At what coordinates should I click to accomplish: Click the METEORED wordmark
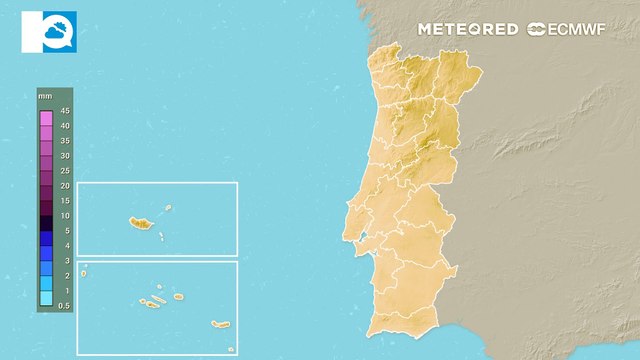click(x=468, y=29)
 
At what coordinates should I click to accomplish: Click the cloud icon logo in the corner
click(x=48, y=31)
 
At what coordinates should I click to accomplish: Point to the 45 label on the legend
click(x=64, y=110)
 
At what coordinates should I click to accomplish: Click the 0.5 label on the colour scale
click(x=64, y=305)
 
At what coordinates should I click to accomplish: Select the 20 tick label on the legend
click(x=64, y=186)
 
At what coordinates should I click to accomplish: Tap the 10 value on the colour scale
click(x=64, y=215)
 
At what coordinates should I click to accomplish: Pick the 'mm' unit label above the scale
click(x=45, y=95)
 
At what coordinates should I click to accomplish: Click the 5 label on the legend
click(x=64, y=230)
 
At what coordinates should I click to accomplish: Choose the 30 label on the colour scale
click(x=64, y=156)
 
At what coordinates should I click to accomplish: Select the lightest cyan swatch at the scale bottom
click(x=45, y=297)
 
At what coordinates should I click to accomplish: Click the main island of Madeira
click(x=138, y=223)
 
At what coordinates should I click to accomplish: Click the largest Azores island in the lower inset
click(x=220, y=324)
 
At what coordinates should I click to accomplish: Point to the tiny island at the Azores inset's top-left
click(x=85, y=267)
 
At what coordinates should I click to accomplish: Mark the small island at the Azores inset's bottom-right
click(x=231, y=348)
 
